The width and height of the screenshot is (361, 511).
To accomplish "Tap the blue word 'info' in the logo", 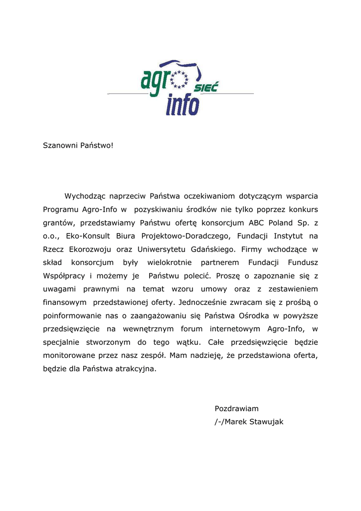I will click(182, 104).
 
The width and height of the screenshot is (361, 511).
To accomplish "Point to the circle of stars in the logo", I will click(179, 78).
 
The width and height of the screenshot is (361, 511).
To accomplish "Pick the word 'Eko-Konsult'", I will click(87, 236).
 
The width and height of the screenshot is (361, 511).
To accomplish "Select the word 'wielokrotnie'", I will click(170, 262).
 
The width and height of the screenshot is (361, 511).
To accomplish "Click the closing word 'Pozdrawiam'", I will click(236, 409).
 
